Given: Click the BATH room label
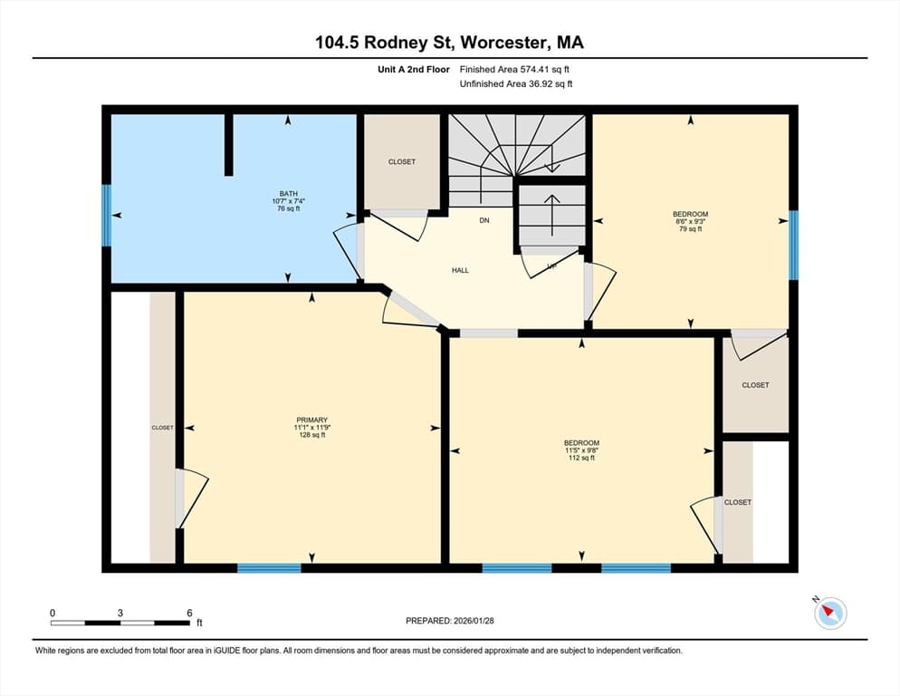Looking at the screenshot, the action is pyautogui.click(x=288, y=194).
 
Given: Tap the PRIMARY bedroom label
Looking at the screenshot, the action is pyautogui.click(x=311, y=420).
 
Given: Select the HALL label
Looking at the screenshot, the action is pyautogui.click(x=460, y=270).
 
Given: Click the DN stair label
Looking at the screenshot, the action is pyautogui.click(x=484, y=220).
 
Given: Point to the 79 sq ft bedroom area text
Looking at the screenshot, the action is pyautogui.click(x=691, y=228).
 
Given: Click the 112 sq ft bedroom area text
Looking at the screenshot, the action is pyautogui.click(x=581, y=458).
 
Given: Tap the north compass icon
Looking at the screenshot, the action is pyautogui.click(x=830, y=613).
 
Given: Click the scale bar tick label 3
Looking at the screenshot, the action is pyautogui.click(x=120, y=613).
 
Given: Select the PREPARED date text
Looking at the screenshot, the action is pyautogui.click(x=450, y=621).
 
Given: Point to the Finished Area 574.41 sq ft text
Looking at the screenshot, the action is pyautogui.click(x=514, y=70).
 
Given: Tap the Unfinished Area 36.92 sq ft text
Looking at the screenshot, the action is pyautogui.click(x=516, y=84).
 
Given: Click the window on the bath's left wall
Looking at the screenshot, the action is pyautogui.click(x=106, y=215).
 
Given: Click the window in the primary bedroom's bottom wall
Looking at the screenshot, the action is pyautogui.click(x=269, y=568).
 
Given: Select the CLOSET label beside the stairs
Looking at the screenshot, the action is pyautogui.click(x=402, y=162).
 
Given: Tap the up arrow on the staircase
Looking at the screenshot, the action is pyautogui.click(x=552, y=215).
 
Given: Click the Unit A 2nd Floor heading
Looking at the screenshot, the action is pyautogui.click(x=413, y=70).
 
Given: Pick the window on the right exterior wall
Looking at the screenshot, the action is pyautogui.click(x=793, y=246).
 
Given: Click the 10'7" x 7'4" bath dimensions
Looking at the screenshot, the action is pyautogui.click(x=288, y=201).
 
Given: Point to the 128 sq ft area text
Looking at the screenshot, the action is pyautogui.click(x=311, y=435).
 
